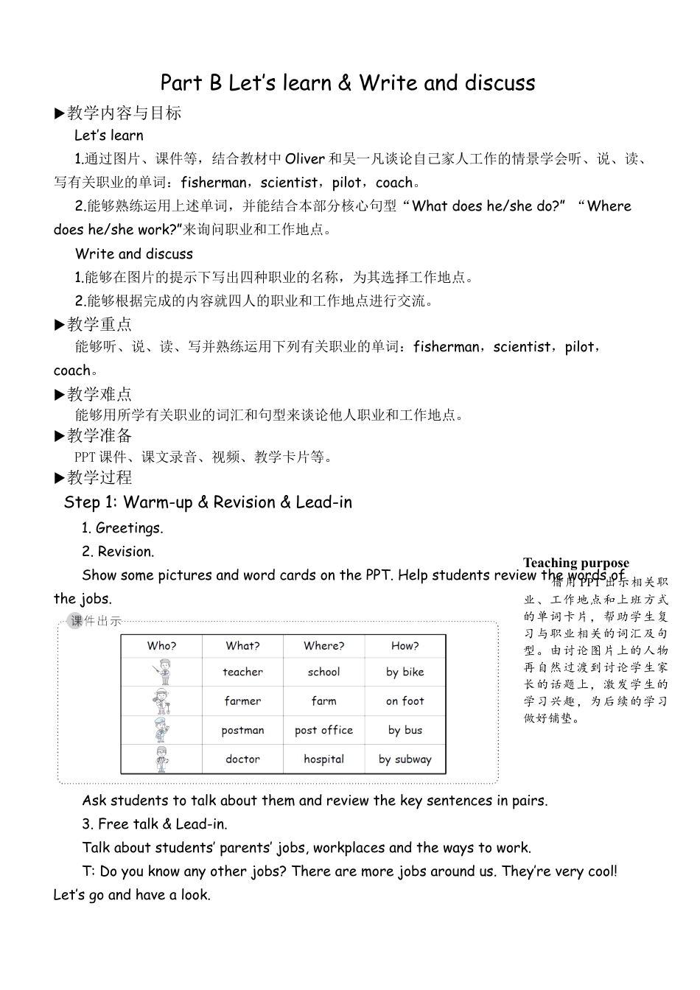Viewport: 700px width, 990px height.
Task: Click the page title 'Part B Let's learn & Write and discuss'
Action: [348, 82]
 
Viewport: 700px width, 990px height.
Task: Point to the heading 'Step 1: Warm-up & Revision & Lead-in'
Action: [208, 502]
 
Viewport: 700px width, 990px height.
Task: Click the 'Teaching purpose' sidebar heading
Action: [576, 563]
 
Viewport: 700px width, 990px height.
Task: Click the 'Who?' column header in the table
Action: [161, 646]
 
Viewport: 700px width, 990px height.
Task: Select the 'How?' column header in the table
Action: [405, 646]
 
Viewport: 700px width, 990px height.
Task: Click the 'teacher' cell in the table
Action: [242, 672]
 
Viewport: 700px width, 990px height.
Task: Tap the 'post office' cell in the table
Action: [323, 730]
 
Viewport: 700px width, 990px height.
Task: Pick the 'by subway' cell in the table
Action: [405, 759]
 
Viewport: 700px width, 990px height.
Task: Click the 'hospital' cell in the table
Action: [323, 759]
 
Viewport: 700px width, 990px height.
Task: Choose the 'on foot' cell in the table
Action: [405, 701]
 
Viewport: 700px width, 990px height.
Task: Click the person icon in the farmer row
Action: [161, 701]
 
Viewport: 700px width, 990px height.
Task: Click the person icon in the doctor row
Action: [161, 759]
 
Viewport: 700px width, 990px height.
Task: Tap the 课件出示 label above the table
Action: [96, 621]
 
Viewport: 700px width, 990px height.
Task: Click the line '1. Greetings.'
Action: [122, 527]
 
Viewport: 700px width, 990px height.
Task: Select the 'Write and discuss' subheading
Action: [134, 254]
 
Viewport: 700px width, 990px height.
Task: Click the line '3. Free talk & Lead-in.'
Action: [155, 824]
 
